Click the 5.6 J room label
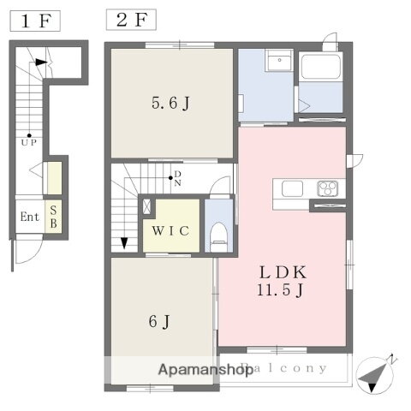point(171,104)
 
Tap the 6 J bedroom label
point(159,322)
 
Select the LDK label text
point(283,271)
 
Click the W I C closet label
point(171,230)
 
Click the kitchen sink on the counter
point(288,188)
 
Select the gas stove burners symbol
point(328,188)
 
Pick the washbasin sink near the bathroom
point(278,63)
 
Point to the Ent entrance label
point(30,217)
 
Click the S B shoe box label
point(53,216)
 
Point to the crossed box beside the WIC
point(146,206)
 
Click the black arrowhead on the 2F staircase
point(124,242)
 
